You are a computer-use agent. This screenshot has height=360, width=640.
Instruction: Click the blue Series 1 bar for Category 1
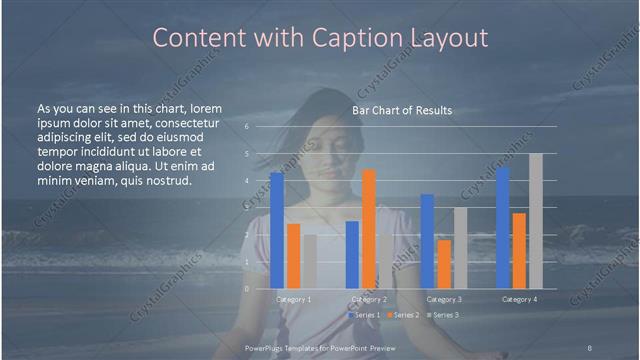tap(277, 231)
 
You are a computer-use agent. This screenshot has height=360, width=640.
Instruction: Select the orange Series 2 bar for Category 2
tap(369, 229)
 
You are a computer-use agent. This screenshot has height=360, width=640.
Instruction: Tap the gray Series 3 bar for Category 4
tap(535, 221)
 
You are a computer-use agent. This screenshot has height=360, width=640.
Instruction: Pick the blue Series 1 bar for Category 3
tap(427, 241)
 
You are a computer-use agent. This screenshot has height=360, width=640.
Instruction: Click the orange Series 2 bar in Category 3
tap(444, 264)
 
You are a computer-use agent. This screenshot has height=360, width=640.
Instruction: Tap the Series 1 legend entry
tap(364, 315)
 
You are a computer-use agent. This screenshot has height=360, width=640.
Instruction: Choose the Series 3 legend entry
tap(441, 315)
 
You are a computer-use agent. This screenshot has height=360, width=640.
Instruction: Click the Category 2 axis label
tap(368, 299)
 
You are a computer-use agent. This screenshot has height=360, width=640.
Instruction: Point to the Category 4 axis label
tap(518, 299)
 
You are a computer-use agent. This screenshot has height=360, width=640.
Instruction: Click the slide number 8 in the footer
tap(589, 347)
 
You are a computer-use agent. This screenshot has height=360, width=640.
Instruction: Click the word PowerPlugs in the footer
tap(267, 347)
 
